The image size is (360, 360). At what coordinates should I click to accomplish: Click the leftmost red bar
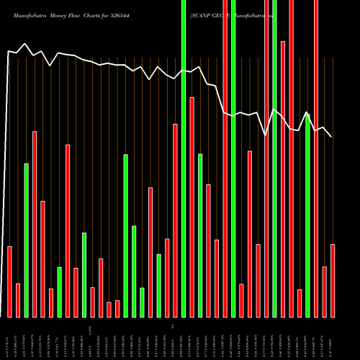[x=9, y=282]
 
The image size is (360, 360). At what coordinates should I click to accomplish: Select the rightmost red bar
[x=333, y=280]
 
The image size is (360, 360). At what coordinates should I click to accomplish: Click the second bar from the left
[x=18, y=300]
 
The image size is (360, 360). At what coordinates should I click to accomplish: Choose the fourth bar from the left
[x=35, y=224]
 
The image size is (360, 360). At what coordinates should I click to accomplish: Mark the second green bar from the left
[x=59, y=292]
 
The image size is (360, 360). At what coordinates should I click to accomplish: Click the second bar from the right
[x=324, y=292]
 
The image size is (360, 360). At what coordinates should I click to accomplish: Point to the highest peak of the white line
[x=26, y=44]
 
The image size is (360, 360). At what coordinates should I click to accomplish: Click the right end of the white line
[x=331, y=136]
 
